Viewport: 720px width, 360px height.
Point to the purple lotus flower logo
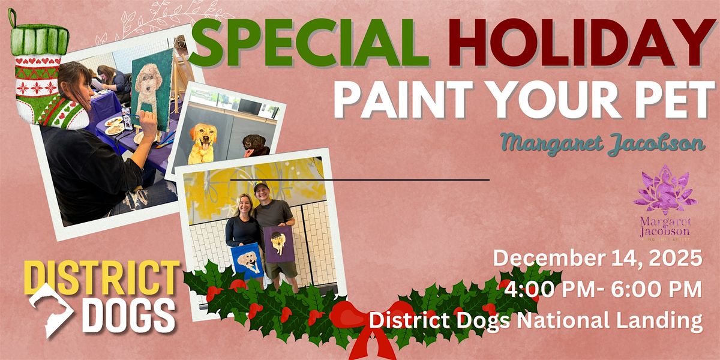tap(665, 190)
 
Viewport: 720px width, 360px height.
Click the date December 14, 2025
tap(598, 259)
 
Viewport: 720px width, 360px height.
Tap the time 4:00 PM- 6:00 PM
tap(603, 290)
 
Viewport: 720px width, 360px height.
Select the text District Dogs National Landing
tap(536, 320)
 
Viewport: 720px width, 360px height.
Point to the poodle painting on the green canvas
tap(146, 90)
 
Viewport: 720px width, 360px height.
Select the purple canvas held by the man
tap(278, 244)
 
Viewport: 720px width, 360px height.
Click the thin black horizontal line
tap(360, 179)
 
